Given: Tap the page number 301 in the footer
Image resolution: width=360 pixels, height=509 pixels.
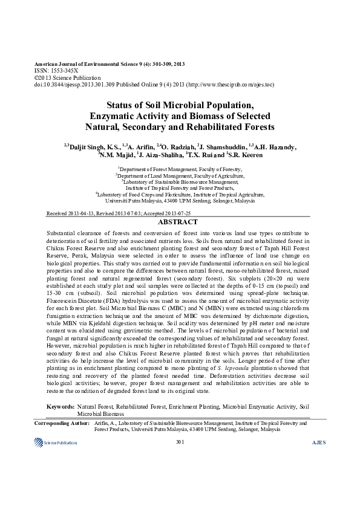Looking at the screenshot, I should pyautogui.click(x=179, y=443).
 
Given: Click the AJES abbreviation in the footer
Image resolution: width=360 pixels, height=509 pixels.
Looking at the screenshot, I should pyautogui.click(x=318, y=443).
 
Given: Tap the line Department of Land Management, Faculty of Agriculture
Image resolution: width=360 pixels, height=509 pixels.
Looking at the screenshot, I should pyautogui.click(x=180, y=175).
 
